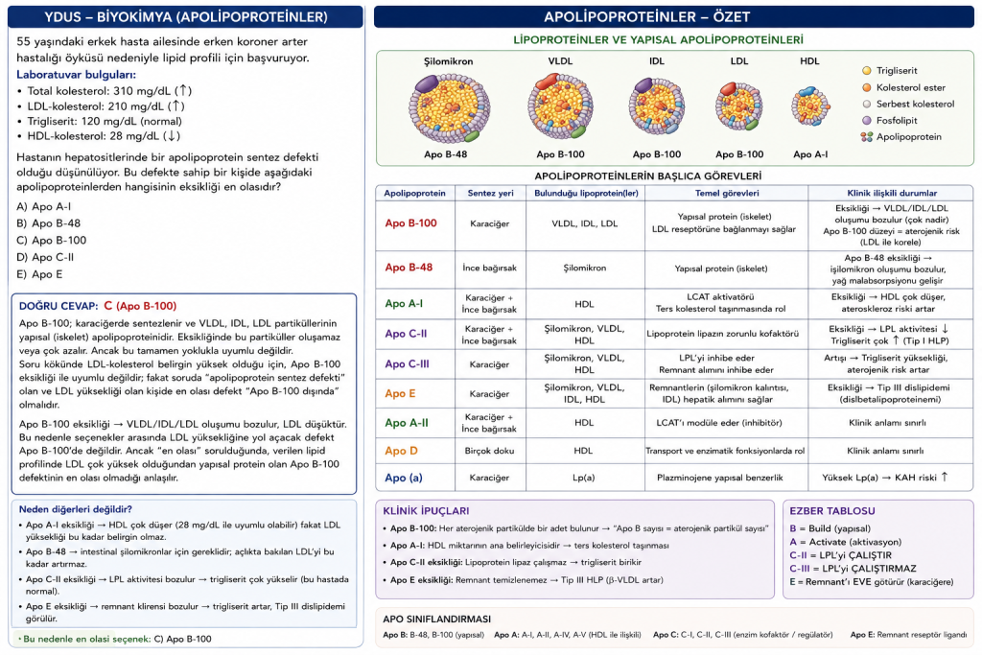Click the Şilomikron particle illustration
pyautogui.click(x=449, y=107)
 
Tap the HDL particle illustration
pyautogui.click(x=810, y=106)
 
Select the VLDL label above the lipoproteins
pyautogui.click(x=560, y=61)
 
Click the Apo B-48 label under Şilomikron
pyautogui.click(x=445, y=154)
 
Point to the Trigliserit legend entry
pyautogui.click(x=890, y=71)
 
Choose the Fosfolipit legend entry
pyautogui.click(x=890, y=120)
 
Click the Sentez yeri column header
pyautogui.click(x=490, y=193)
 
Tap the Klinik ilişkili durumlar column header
pyautogui.click(x=892, y=193)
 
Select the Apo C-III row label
pyautogui.click(x=407, y=363)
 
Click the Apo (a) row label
pyautogui.click(x=404, y=478)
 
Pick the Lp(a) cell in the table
pyautogui.click(x=584, y=478)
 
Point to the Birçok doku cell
pyautogui.click(x=489, y=451)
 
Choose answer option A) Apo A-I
pyautogui.click(x=44, y=206)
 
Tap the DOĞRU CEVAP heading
pyautogui.click(x=58, y=306)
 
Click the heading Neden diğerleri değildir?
pyautogui.click(x=75, y=510)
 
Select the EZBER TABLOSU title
pyautogui.click(x=832, y=511)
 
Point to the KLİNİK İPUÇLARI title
pyautogui.click(x=426, y=511)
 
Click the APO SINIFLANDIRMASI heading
pyautogui.click(x=436, y=620)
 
